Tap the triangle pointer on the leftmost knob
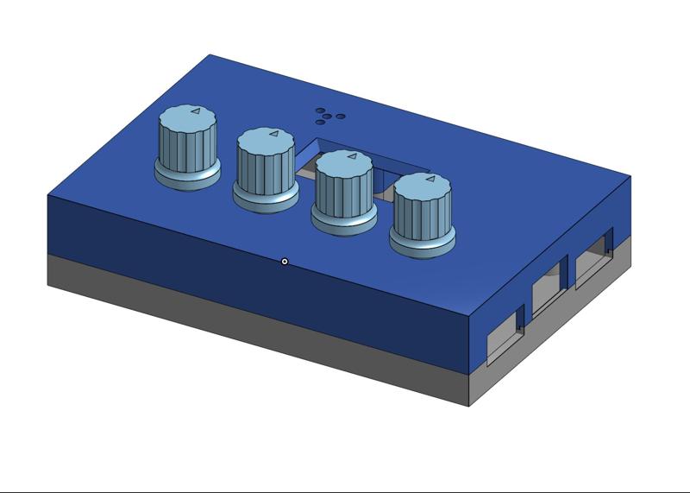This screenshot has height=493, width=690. (x=195, y=111)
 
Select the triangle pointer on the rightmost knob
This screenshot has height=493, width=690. (x=430, y=180)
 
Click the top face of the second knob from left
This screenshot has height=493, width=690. (x=267, y=137)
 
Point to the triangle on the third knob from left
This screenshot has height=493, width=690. (x=351, y=157)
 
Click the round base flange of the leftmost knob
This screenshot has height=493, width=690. (x=187, y=179)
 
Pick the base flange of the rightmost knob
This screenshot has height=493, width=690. (x=423, y=246)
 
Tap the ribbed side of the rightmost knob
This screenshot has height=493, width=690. (x=421, y=215)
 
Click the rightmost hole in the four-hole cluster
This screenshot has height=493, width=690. (x=341, y=117)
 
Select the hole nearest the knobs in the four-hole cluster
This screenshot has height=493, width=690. (x=321, y=122)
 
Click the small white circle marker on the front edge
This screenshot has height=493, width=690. (x=285, y=262)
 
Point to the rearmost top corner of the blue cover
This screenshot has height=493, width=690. (x=210, y=55)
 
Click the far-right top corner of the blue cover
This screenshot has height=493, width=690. (x=630, y=176)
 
